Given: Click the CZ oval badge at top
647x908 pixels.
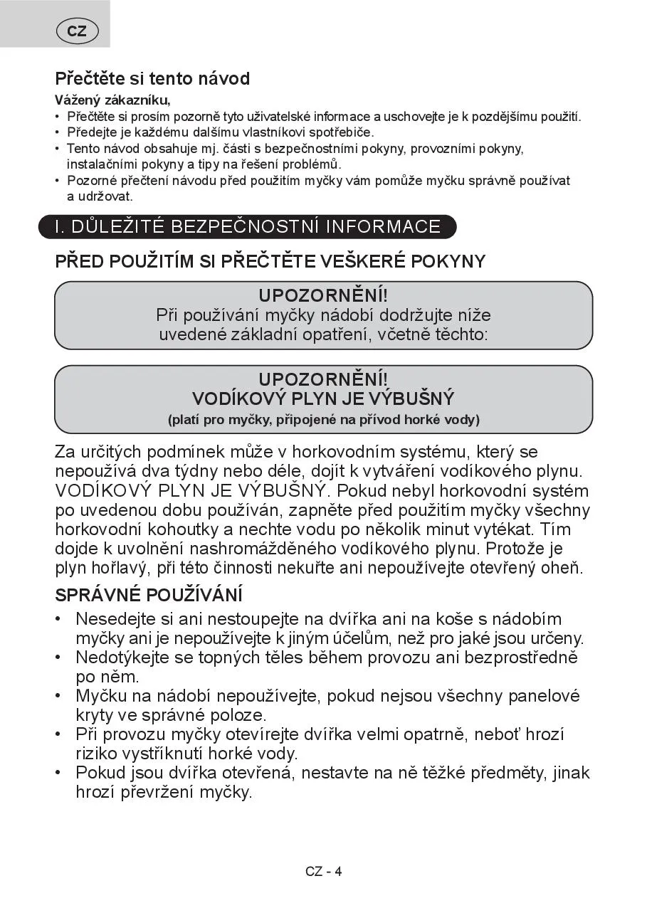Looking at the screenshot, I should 77,31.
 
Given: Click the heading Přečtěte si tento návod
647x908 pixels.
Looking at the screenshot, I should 152,78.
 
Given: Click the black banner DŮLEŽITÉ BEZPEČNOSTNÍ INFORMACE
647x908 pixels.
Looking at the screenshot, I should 248,227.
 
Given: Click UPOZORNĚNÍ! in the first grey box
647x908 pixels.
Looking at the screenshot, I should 323,295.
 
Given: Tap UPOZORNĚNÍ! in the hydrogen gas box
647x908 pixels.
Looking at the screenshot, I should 323,379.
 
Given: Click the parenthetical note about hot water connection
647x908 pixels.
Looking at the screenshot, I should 323,419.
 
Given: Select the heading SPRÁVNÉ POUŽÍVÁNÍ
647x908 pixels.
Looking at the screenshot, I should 149,595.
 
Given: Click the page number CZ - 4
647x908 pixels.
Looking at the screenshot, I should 324,871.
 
